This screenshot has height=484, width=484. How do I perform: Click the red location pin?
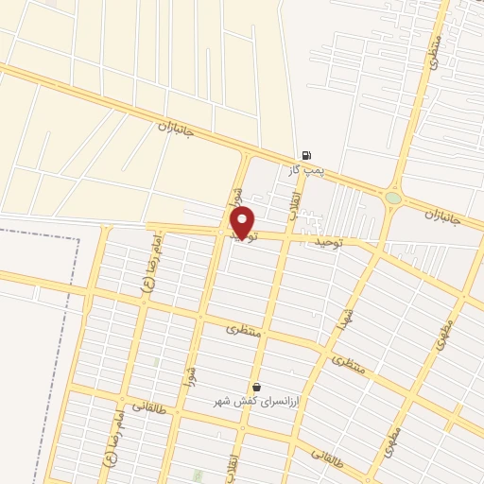click(243, 223)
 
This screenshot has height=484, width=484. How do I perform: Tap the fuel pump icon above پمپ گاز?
click(306, 156)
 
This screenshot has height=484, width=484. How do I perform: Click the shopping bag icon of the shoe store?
click(256, 388)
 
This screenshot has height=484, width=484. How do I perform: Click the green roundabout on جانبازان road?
click(392, 198)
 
